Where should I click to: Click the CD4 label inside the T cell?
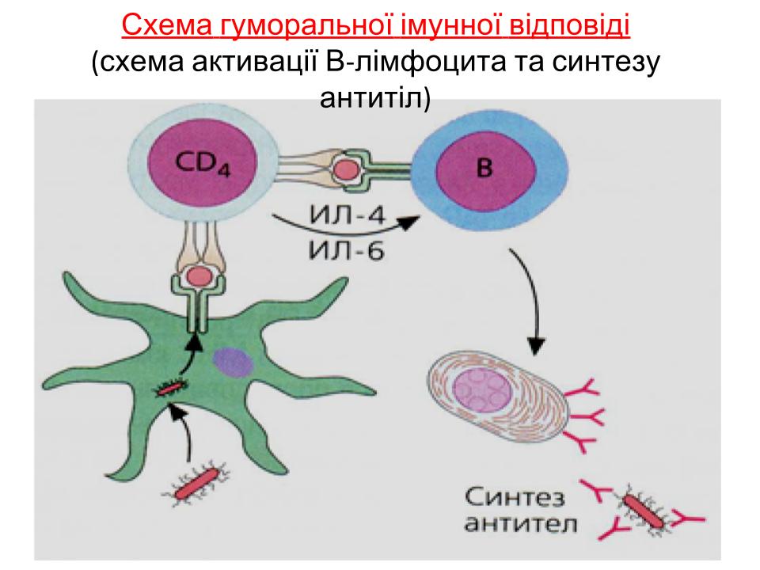pyautogui.click(x=203, y=163)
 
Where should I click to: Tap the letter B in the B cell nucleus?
pyautogui.click(x=484, y=168)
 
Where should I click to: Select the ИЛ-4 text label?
pyautogui.click(x=347, y=215)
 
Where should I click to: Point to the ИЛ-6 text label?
pyautogui.click(x=347, y=251)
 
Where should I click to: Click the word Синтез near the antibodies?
pyautogui.click(x=515, y=497)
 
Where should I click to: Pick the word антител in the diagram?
pyautogui.click(x=520, y=524)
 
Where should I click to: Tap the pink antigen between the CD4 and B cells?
pyautogui.click(x=347, y=171)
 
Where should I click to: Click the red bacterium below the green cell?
pyautogui.click(x=196, y=484)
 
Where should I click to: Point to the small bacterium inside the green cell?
pyautogui.click(x=171, y=387)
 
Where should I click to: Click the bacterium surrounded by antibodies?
pyautogui.click(x=643, y=511)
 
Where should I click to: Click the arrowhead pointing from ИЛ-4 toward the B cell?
pyautogui.click(x=408, y=223)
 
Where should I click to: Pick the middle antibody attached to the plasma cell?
pyautogui.click(x=586, y=417)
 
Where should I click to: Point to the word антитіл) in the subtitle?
pyautogui.click(x=375, y=98)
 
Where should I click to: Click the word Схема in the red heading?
pyautogui.click(x=166, y=25)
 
